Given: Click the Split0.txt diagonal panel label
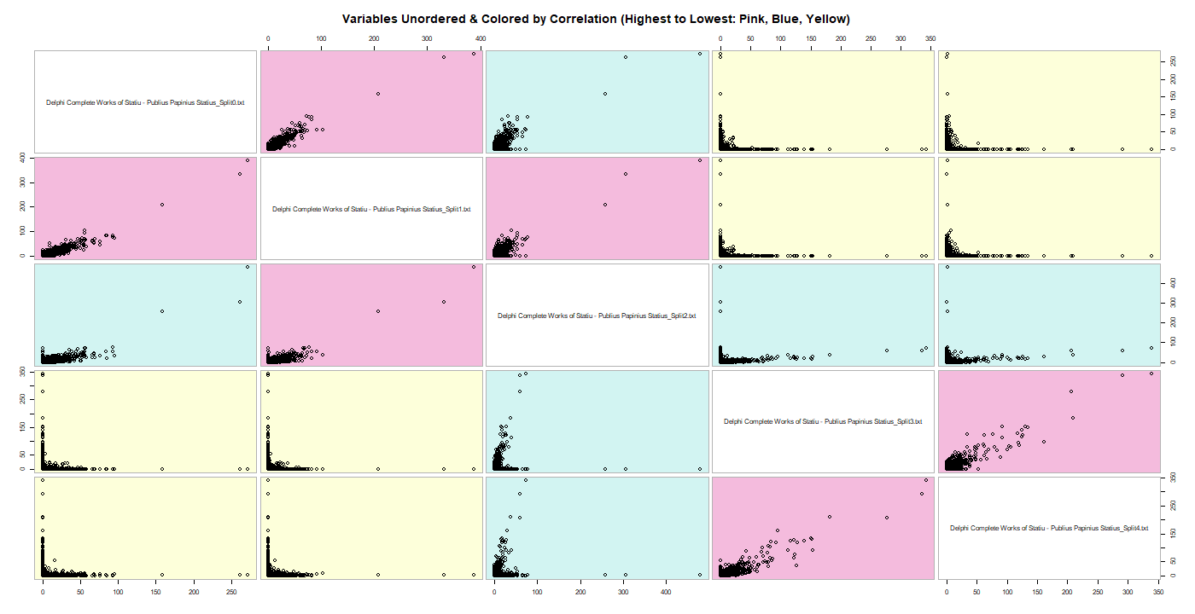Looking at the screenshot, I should (145, 102).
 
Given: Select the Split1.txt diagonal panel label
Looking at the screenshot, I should (371, 209).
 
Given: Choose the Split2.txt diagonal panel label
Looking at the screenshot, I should (597, 316).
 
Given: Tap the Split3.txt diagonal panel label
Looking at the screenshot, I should (823, 421).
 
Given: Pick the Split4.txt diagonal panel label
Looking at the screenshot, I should (1049, 528).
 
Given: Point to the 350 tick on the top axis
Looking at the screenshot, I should (930, 39).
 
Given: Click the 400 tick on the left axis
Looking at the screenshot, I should (26, 159).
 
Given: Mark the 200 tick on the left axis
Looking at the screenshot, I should (26, 206).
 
